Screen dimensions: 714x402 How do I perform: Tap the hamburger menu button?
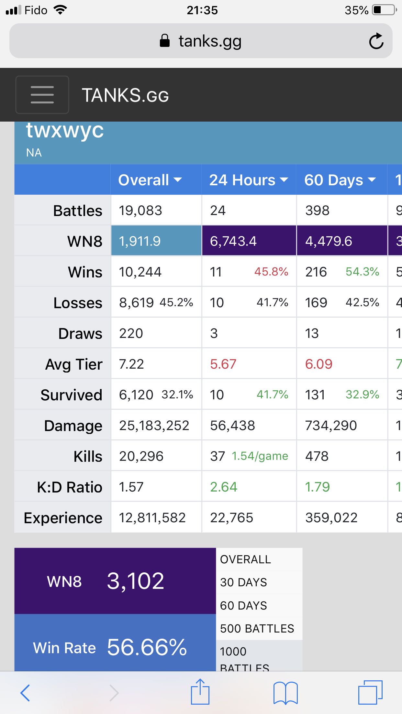pyautogui.click(x=42, y=95)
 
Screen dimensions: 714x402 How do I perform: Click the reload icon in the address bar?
pyautogui.click(x=376, y=41)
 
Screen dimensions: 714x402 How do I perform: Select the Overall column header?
pyautogui.click(x=150, y=180)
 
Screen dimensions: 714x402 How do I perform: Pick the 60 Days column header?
pyautogui.click(x=340, y=180)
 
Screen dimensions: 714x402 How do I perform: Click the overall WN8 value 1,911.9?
pyautogui.click(x=140, y=241)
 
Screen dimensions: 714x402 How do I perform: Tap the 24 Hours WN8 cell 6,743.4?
pyautogui.click(x=233, y=241)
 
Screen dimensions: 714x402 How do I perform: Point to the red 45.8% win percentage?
pyautogui.click(x=271, y=272)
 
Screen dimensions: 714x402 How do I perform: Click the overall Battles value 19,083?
pyautogui.click(x=140, y=211)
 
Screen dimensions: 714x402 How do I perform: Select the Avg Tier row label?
pyautogui.click(x=74, y=364)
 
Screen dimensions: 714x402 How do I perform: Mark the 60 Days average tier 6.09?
pyautogui.click(x=318, y=364)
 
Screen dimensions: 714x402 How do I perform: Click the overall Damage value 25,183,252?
pyautogui.click(x=154, y=426)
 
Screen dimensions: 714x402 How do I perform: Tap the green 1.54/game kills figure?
pyautogui.click(x=260, y=456)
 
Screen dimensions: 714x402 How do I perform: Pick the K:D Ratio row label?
pyautogui.click(x=70, y=487)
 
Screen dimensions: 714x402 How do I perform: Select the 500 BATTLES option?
pyautogui.click(x=257, y=628)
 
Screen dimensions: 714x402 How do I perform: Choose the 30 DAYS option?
pyautogui.click(x=243, y=582)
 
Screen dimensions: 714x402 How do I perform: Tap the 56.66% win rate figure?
pyautogui.click(x=147, y=647)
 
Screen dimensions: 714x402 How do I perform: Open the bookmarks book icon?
pyautogui.click(x=285, y=692)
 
